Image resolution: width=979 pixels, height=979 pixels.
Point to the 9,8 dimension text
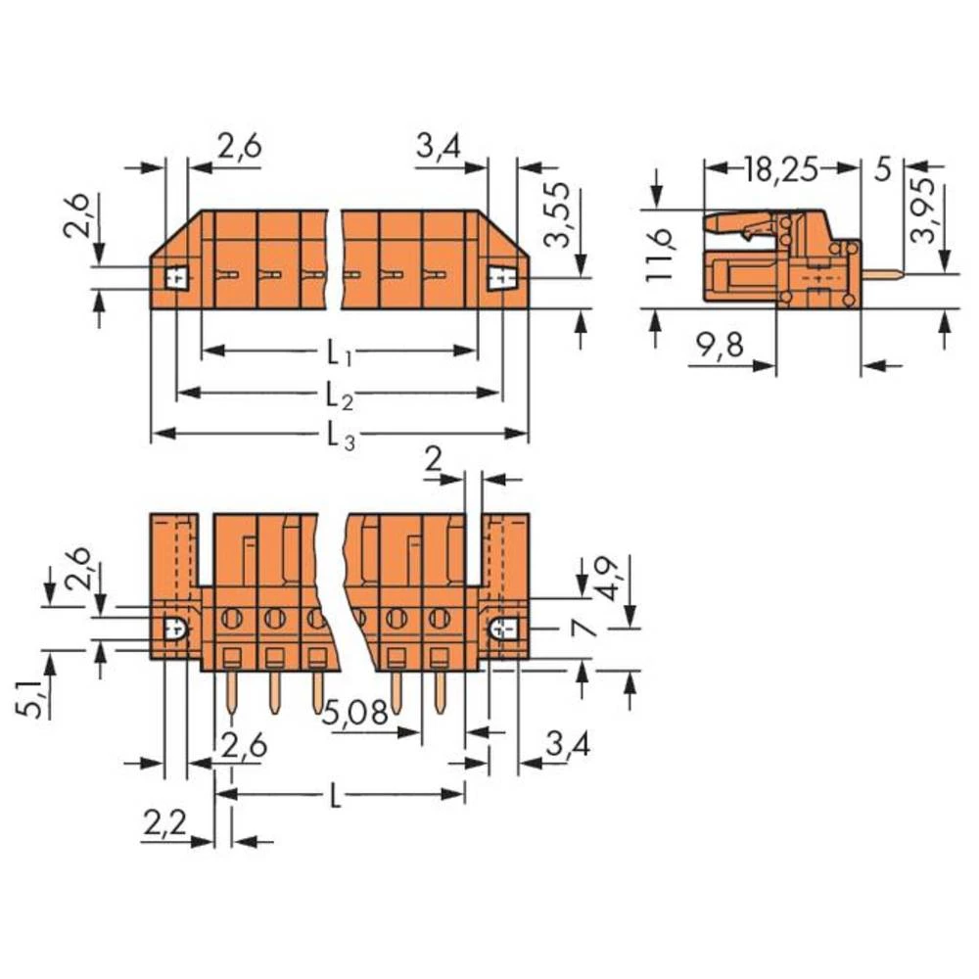pos(720,345)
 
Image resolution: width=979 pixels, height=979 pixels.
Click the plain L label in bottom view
pos(336,797)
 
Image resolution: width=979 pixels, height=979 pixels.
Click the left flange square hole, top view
pos(176,279)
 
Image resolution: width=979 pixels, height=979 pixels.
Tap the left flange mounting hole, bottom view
pos(176,629)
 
